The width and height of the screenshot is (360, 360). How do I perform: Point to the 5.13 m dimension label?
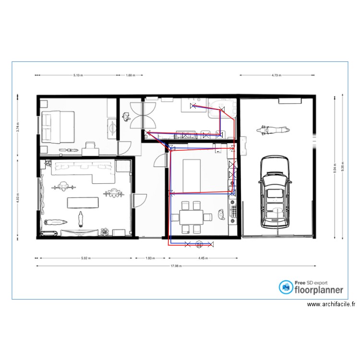[78, 75]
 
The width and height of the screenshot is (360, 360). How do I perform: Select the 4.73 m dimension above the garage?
[276, 75]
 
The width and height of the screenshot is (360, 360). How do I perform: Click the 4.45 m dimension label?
[203, 258]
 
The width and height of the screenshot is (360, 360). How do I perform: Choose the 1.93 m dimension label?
[150, 258]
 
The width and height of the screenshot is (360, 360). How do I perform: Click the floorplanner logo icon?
[287, 287]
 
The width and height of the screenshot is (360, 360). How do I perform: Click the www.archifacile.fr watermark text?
[331, 304]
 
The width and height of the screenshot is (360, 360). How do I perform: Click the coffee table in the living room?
[84, 202]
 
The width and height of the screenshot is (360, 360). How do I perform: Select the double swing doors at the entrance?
[144, 114]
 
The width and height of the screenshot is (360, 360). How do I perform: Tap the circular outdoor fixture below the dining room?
[199, 245]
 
